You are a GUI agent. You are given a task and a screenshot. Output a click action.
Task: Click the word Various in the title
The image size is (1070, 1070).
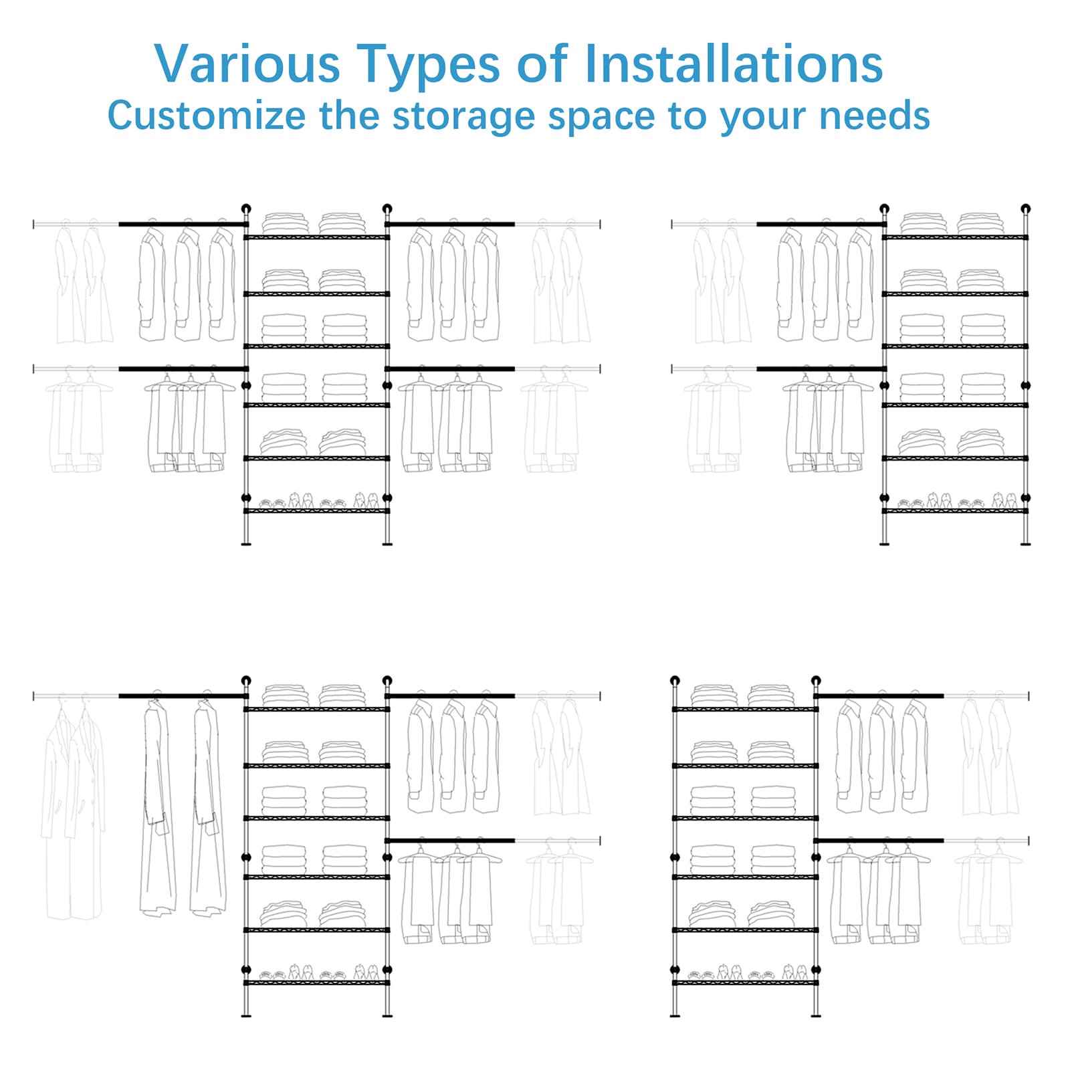pyautogui.click(x=247, y=64)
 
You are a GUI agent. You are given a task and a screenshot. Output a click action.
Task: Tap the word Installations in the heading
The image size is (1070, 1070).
pyautogui.click(x=734, y=64)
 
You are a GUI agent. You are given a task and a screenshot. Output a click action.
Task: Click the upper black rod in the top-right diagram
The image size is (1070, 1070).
pyautogui.click(x=821, y=224)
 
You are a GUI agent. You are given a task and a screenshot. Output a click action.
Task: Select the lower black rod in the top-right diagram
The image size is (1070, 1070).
pyautogui.click(x=821, y=368)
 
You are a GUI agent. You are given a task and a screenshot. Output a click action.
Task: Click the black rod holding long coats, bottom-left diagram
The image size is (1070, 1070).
pyautogui.click(x=183, y=696)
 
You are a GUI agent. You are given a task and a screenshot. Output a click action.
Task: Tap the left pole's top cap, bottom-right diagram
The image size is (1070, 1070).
pyautogui.click(x=675, y=681)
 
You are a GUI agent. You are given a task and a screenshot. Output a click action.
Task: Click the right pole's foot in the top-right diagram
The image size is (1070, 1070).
pyautogui.click(x=1026, y=544)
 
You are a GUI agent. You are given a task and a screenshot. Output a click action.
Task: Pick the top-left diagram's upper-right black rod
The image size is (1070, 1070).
pyautogui.click(x=451, y=224)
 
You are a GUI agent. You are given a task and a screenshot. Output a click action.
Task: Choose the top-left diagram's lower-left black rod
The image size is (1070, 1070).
pyautogui.click(x=183, y=368)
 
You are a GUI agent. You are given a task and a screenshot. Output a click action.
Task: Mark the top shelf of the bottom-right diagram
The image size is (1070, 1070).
pyautogui.click(x=745, y=709)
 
